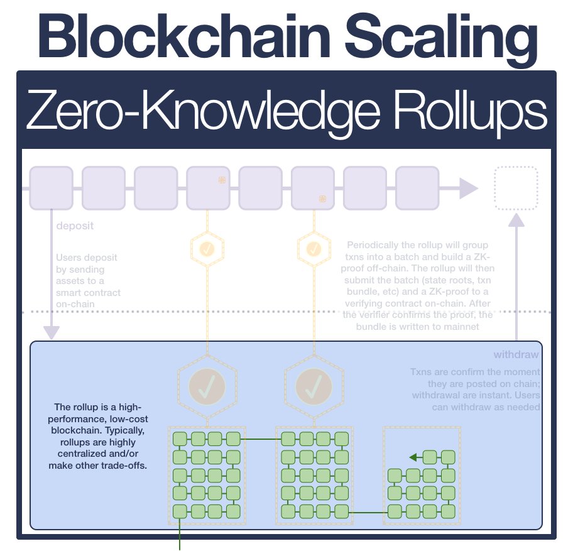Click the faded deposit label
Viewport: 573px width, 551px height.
pyautogui.click(x=75, y=226)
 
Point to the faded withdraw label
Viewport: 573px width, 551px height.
pyautogui.click(x=516, y=354)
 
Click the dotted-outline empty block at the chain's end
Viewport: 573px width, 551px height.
pyautogui.click(x=516, y=188)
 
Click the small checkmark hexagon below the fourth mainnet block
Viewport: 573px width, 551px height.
pyautogui.click(x=207, y=249)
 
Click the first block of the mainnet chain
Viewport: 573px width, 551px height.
pyautogui.click(x=51, y=188)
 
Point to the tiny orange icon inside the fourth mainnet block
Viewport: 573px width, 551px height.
pyautogui.click(x=222, y=180)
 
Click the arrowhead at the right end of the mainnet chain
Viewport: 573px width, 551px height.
pyautogui.click(x=468, y=188)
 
